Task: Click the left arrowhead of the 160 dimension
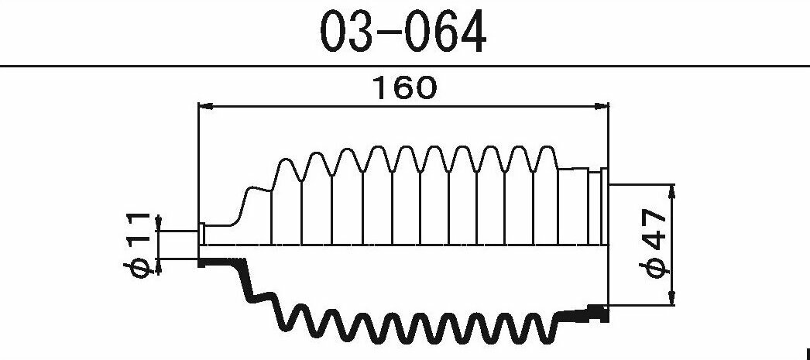click(x=206, y=106)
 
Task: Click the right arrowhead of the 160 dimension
click(x=602, y=106)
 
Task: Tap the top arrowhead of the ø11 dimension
click(x=158, y=223)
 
